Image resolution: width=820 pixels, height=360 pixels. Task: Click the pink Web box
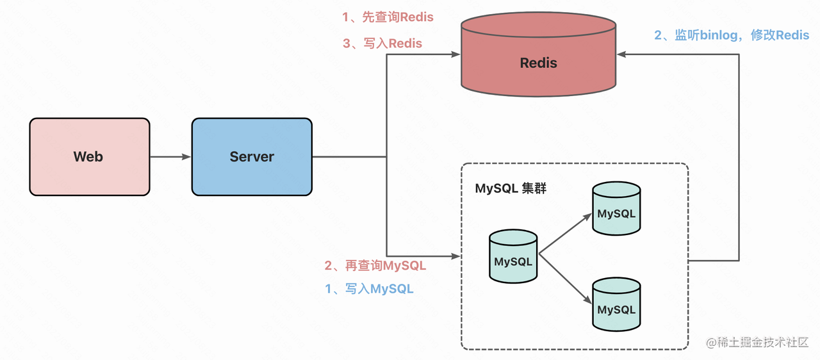click(89, 157)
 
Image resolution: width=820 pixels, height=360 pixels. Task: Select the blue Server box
click(252, 157)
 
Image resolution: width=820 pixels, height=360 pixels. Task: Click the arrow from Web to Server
click(170, 157)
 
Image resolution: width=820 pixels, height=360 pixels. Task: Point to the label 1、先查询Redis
click(388, 17)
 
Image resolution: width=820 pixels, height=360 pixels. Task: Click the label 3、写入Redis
click(382, 44)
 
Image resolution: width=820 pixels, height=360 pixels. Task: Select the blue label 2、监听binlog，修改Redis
click(732, 35)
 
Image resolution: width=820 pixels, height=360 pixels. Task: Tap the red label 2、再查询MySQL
click(375, 265)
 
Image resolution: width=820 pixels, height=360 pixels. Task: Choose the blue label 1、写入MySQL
click(369, 289)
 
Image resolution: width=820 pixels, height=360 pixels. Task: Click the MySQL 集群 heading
click(511, 189)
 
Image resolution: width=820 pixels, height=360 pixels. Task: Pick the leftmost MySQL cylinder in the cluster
click(513, 258)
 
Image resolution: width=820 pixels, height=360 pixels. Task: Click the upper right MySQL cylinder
click(616, 209)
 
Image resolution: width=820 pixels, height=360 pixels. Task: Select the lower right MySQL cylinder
click(616, 306)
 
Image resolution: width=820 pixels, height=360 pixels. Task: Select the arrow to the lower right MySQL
click(565, 279)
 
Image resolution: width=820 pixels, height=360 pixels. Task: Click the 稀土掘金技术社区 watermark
click(758, 343)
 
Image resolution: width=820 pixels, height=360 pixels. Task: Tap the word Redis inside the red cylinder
click(538, 63)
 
